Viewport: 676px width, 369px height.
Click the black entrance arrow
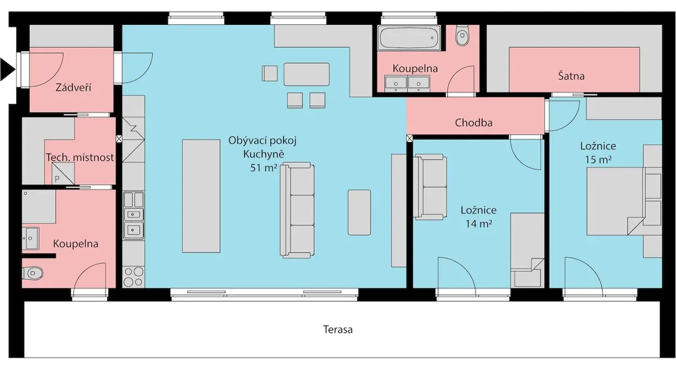(x=7, y=70)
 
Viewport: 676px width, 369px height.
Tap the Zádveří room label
(x=73, y=87)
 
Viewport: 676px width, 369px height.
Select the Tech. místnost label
(x=80, y=157)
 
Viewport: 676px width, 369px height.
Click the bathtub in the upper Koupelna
(x=409, y=38)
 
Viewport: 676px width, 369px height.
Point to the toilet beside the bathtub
(x=462, y=35)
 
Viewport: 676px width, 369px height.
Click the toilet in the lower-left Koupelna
(x=33, y=273)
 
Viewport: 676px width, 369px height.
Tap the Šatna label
(x=571, y=75)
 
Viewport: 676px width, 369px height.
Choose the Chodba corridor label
(x=474, y=122)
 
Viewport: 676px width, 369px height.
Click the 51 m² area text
(x=264, y=168)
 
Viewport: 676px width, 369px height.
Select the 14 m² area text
(x=479, y=224)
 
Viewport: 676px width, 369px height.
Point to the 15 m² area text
(x=598, y=159)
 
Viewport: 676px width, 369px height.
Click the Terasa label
(x=337, y=330)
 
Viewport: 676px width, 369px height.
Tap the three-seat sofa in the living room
(x=297, y=210)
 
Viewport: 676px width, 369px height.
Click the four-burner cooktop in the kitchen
(x=134, y=277)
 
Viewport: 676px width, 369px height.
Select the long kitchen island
(x=201, y=196)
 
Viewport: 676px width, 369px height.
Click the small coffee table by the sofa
(x=359, y=212)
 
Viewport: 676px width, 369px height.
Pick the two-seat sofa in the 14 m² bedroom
(x=430, y=187)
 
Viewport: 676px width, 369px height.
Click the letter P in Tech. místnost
(x=57, y=179)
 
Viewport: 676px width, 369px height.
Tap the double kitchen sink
(x=134, y=223)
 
